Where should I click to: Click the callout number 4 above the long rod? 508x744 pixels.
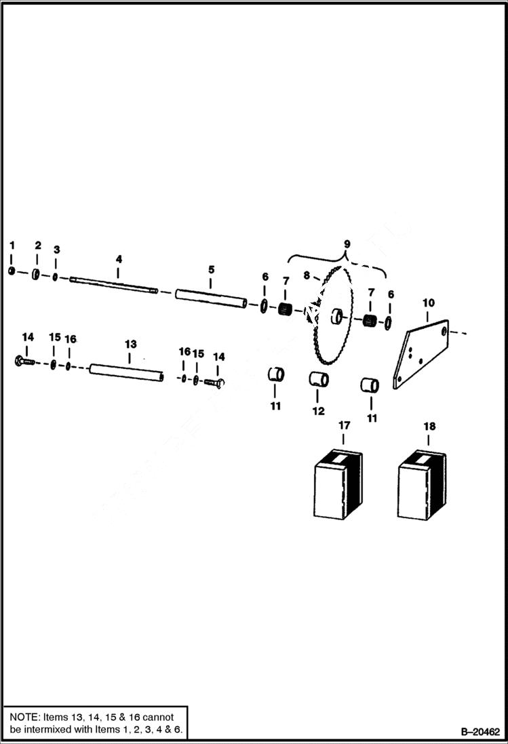tap(119, 259)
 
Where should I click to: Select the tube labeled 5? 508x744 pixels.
tap(210, 298)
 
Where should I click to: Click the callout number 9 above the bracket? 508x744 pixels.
tap(347, 243)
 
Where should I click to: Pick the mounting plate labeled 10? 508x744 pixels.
tap(421, 356)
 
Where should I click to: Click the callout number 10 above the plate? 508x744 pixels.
tap(428, 302)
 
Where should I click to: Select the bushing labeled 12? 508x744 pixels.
tap(319, 379)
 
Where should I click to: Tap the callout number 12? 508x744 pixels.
tap(318, 411)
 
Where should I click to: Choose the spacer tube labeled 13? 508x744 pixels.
tap(128, 372)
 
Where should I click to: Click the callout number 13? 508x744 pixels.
tap(130, 345)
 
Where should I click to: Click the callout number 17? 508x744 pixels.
tap(345, 425)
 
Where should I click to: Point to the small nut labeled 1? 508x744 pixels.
tap(12, 271)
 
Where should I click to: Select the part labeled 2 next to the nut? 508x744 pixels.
tap(35, 274)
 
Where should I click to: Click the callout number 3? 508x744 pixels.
tap(56, 249)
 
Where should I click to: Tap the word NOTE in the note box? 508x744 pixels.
tap(25, 717)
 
